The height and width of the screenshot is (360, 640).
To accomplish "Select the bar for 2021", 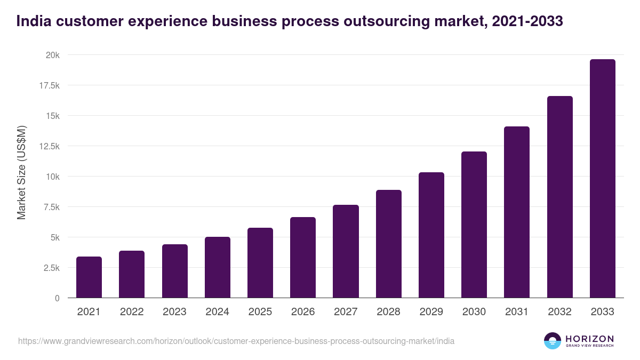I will pos(89,277).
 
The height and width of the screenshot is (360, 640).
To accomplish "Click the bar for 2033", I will pos(602,179).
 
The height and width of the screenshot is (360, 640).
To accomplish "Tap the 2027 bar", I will pos(346,251).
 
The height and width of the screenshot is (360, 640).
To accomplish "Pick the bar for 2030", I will pos(474,225).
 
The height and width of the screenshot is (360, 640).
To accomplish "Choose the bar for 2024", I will pos(217,267).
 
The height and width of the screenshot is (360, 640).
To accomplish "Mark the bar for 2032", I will pos(559,197).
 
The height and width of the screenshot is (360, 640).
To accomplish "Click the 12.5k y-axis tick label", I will pos(47,146).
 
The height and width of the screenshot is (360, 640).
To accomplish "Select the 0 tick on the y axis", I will pos(57,298).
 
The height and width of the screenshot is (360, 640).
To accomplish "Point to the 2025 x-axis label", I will pos(260,312).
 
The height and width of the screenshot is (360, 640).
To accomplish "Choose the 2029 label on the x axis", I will pos(431,312).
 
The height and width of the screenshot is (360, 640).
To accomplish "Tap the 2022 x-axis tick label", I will pos(132,312).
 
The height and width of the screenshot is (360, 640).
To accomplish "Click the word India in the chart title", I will pos(31,21).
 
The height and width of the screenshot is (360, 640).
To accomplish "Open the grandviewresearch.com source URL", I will pos(236,341).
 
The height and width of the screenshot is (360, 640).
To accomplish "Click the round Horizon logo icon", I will pos(552,341).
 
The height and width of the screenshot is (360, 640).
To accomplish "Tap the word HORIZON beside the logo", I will pos(589,339).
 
